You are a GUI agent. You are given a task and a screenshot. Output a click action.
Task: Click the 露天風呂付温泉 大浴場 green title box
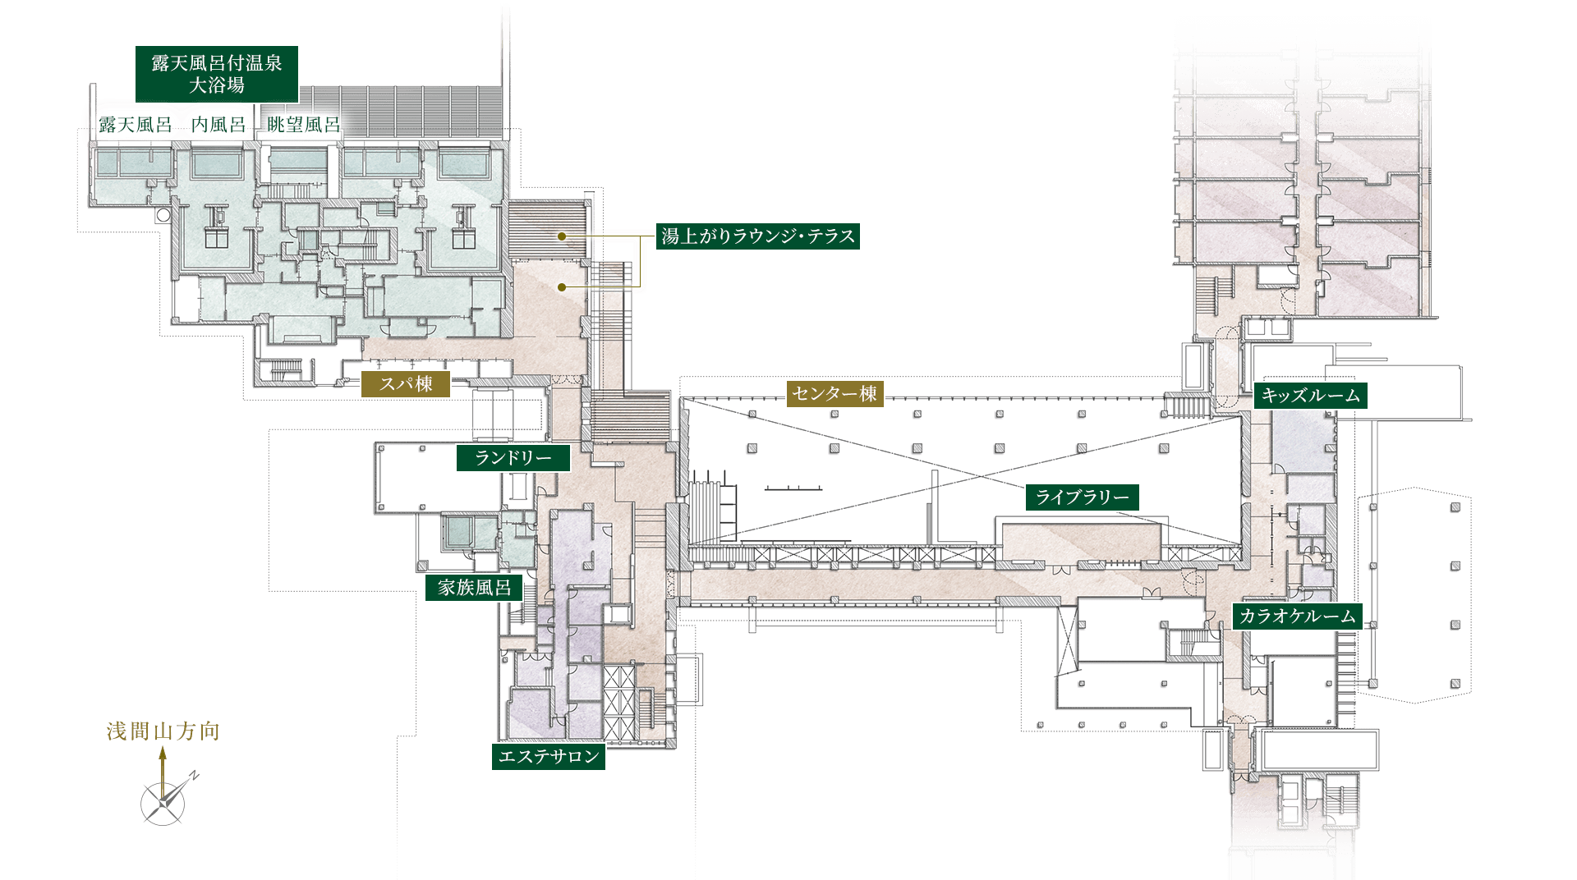point(217,74)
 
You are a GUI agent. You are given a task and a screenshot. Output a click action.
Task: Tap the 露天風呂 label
point(136,125)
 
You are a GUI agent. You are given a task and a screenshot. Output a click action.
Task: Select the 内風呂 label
point(218,125)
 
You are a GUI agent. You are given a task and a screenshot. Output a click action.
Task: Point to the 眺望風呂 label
point(304,125)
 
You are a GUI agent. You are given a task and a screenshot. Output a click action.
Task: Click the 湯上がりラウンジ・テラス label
point(758,236)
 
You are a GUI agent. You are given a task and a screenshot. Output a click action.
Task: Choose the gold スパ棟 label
point(406,384)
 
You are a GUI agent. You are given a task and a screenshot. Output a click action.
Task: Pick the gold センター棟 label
point(834,394)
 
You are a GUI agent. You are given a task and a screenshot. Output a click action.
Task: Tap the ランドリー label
point(513,458)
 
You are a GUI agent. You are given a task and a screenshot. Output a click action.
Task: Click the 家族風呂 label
point(474,588)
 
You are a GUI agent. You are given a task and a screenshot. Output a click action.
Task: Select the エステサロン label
point(549,757)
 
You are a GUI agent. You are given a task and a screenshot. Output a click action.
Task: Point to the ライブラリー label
point(1082,497)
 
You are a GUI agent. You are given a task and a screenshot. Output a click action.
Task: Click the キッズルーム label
point(1310,396)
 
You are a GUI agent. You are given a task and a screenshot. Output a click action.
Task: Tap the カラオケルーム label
point(1298,616)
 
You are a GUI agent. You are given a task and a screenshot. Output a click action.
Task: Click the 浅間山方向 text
point(163,731)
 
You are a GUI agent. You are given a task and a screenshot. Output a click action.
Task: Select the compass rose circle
point(163,804)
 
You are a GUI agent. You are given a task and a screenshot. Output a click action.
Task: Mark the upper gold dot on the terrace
point(562,236)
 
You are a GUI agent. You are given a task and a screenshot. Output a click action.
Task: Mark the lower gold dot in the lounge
point(562,287)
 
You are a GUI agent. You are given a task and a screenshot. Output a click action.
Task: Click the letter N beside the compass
point(195,775)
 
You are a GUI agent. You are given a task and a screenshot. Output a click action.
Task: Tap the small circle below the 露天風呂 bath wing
point(163,215)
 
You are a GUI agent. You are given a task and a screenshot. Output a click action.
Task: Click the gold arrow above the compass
point(163,772)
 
